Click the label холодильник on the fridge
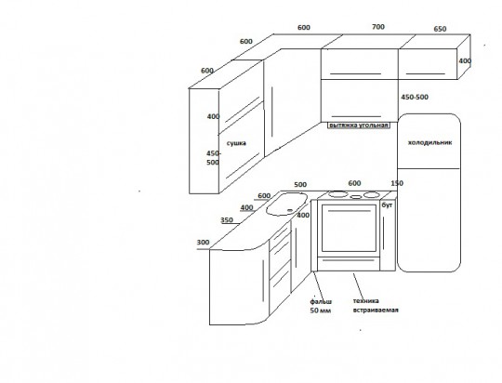click(429, 142)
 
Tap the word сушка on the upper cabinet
click(236, 143)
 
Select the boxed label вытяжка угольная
click(359, 125)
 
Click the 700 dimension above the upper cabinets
click(378, 27)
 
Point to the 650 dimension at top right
click(440, 29)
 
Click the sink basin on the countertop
click(286, 204)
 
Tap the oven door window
click(349, 228)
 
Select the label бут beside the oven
click(387, 205)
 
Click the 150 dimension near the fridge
click(397, 183)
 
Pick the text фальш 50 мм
click(321, 306)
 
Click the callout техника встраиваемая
click(376, 306)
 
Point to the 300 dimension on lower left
click(203, 242)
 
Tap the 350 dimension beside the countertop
click(227, 220)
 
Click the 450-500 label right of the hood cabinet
click(415, 97)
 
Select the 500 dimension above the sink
click(300, 184)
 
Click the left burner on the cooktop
click(338, 193)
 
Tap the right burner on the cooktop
click(372, 194)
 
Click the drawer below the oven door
click(349, 264)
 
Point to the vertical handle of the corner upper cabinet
click(272, 112)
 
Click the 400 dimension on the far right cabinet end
click(465, 60)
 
